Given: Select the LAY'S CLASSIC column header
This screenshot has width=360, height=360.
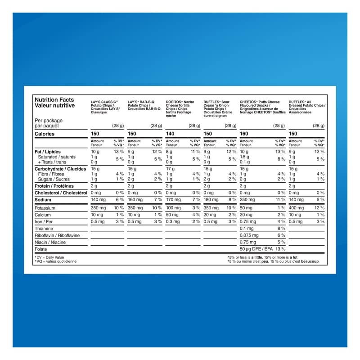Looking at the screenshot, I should click(x=104, y=107).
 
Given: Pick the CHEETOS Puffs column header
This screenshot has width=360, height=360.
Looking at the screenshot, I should click(x=262, y=107).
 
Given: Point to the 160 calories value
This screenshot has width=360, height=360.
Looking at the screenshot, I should click(x=244, y=134).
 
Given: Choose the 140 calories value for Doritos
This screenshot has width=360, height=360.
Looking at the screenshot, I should click(x=170, y=134).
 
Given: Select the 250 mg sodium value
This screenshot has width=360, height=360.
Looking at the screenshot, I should click(x=247, y=199).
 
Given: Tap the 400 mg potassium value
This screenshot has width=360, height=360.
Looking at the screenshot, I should click(x=296, y=208).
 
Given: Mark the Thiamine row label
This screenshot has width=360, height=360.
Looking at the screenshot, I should click(x=44, y=229).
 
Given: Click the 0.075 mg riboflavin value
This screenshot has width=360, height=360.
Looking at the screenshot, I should click(x=249, y=235).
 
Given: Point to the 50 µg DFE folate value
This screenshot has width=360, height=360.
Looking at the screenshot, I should click(x=256, y=249).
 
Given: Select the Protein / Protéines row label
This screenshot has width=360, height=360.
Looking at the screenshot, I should click(x=54, y=186).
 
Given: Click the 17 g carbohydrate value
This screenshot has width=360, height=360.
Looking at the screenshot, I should click(x=170, y=169).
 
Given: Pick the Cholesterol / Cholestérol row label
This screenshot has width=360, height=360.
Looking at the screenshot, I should click(x=61, y=193).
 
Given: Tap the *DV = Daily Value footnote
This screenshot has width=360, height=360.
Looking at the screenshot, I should click(x=49, y=257).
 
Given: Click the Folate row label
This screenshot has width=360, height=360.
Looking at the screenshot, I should click(x=41, y=249).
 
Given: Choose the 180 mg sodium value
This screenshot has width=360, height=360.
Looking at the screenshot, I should click(x=211, y=199).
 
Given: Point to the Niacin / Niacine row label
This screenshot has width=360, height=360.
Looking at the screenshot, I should click(x=50, y=242).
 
